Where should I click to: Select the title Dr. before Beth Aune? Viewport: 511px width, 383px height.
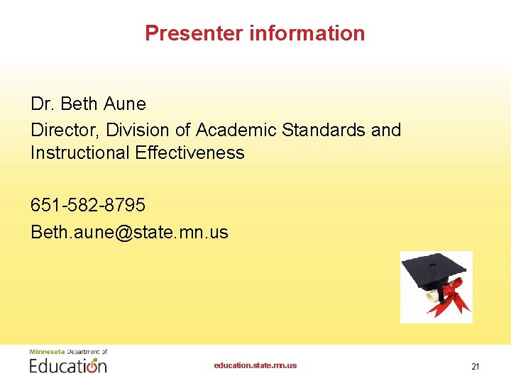coord(43,104)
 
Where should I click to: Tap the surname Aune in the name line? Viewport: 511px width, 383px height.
coord(124,104)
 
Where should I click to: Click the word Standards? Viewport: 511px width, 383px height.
coord(323,131)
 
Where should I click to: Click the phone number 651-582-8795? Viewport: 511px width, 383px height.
coord(88,206)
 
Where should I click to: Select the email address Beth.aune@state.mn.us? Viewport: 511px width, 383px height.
coord(129,233)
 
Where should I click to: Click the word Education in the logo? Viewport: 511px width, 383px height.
coord(68,366)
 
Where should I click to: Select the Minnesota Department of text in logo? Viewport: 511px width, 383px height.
coord(68,352)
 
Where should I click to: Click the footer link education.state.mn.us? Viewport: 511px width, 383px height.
coord(255,366)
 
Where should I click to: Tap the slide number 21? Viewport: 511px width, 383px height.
coord(476,367)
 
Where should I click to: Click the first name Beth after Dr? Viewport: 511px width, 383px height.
coord(79,104)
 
